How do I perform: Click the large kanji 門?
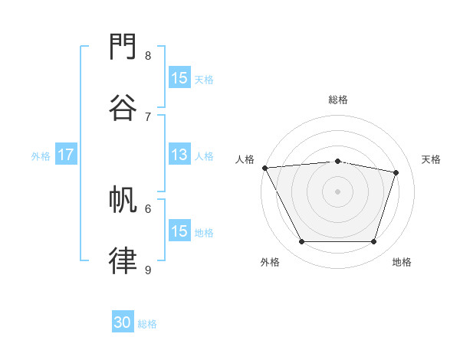pyautogui.click(x=123, y=46)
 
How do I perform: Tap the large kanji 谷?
pyautogui.click(x=123, y=107)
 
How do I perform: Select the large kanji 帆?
pyautogui.click(x=123, y=199)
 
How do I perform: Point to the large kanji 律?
pyautogui.click(x=123, y=260)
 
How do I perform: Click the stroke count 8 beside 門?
pyautogui.click(x=148, y=55)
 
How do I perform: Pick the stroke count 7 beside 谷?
pyautogui.click(x=148, y=117)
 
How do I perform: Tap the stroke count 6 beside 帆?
pyautogui.click(x=148, y=209)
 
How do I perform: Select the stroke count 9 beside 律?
pyautogui.click(x=148, y=270)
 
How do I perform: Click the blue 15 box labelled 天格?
pyautogui.click(x=179, y=77)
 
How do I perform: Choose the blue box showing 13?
pyautogui.click(x=179, y=154)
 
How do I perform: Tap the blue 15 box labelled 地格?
pyautogui.click(x=179, y=230)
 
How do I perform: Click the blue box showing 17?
pyautogui.click(x=66, y=154)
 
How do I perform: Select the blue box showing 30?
pyautogui.click(x=123, y=321)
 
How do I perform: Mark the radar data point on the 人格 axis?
pyautogui.click(x=265, y=168)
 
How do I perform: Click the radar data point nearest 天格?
pyautogui.click(x=396, y=172)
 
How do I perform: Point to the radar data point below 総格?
pyautogui.click(x=337, y=162)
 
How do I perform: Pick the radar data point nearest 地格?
pyautogui.click(x=373, y=241)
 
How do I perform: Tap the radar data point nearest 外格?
pyautogui.click(x=302, y=241)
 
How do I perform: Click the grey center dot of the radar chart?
pyautogui.click(x=337, y=191)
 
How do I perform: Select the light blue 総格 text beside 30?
pyautogui.click(x=147, y=324)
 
